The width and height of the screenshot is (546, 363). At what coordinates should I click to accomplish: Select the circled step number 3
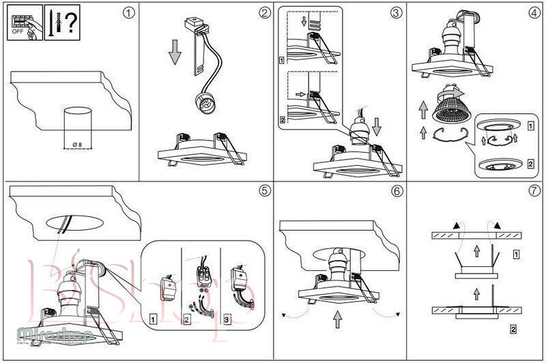pos(396,13)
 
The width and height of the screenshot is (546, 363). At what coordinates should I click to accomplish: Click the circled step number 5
pos(264,190)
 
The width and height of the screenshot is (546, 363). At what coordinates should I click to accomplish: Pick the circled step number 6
pos(396,190)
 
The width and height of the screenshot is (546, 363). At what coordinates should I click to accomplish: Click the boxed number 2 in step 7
pos(513,331)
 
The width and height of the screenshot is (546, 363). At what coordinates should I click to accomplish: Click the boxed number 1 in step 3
pos(282,60)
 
